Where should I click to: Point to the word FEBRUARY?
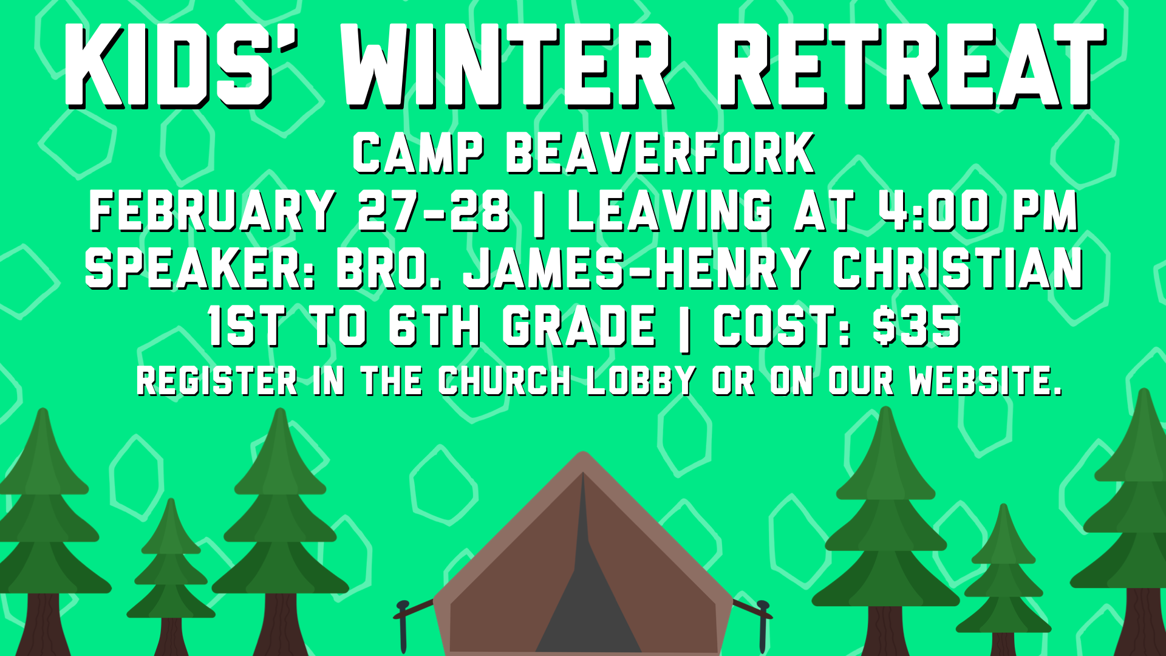[212, 211]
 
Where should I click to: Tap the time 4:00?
[935, 211]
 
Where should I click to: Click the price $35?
[916, 326]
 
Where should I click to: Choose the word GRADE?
[579, 326]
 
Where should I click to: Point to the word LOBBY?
[641, 381]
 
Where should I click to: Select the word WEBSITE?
[985, 381]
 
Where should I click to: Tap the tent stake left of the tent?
[403, 626]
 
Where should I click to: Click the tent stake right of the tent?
[762, 626]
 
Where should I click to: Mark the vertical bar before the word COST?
[684, 328]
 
